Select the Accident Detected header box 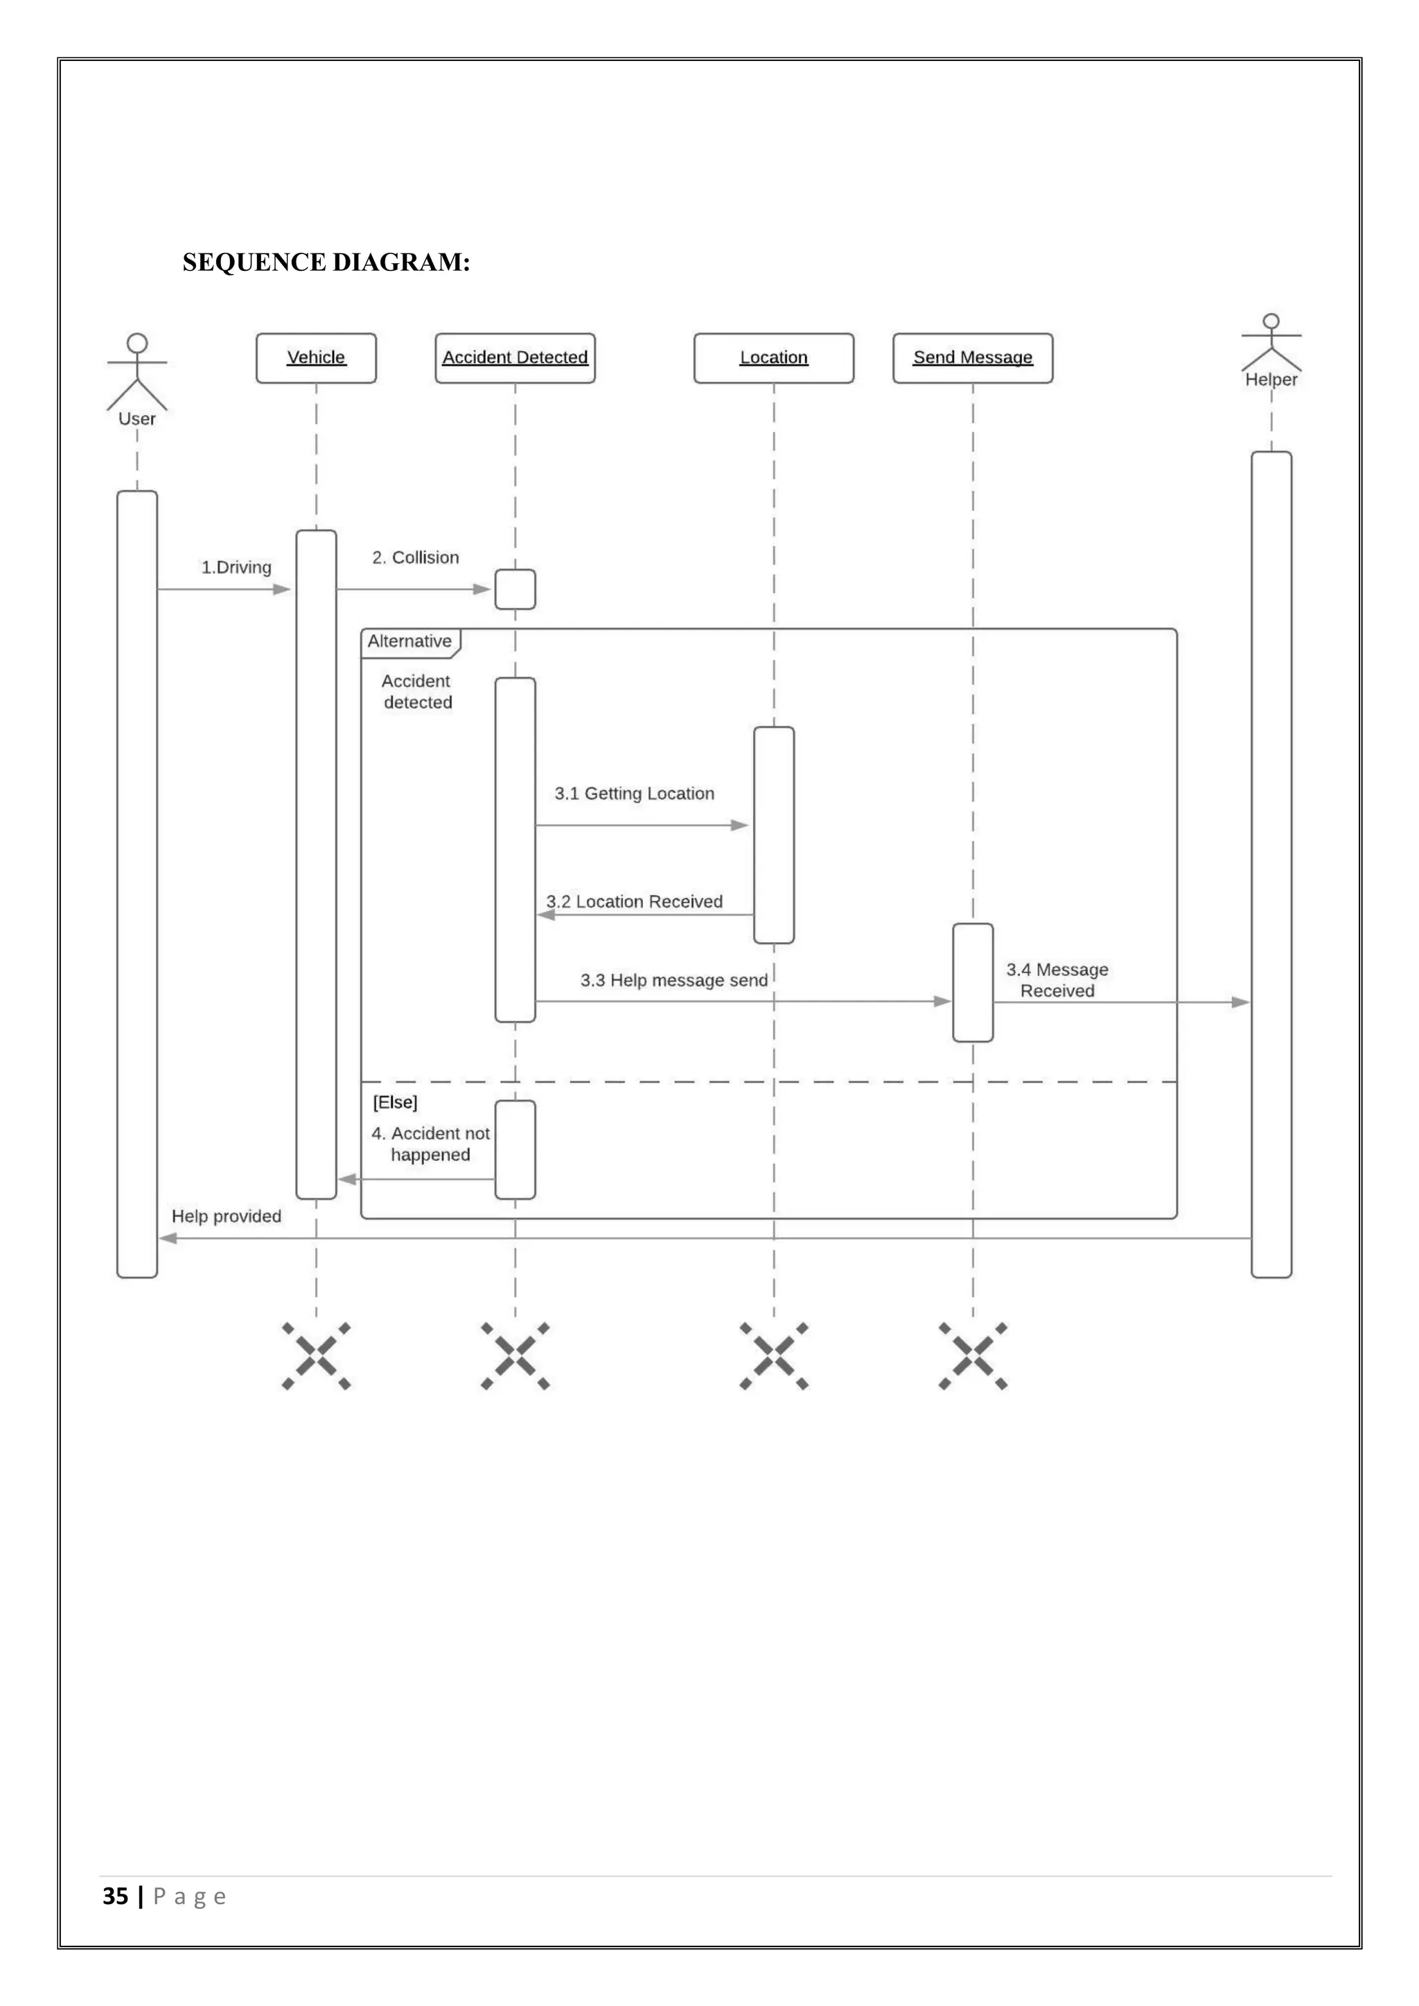tap(515, 357)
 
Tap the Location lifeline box tap(773, 357)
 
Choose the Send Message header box tap(973, 357)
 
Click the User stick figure tap(137, 371)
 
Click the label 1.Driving tap(236, 567)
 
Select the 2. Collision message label tap(415, 558)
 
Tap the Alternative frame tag tap(409, 641)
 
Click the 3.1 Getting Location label tap(635, 793)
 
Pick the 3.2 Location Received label tap(635, 902)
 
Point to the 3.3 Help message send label tap(673, 980)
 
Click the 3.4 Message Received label tap(1057, 980)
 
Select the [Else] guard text tap(395, 1103)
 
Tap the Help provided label tap(227, 1216)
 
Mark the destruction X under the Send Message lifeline tap(973, 1356)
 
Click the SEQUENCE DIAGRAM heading tap(326, 262)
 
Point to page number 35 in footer tap(115, 1896)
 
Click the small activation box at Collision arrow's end tap(515, 589)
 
